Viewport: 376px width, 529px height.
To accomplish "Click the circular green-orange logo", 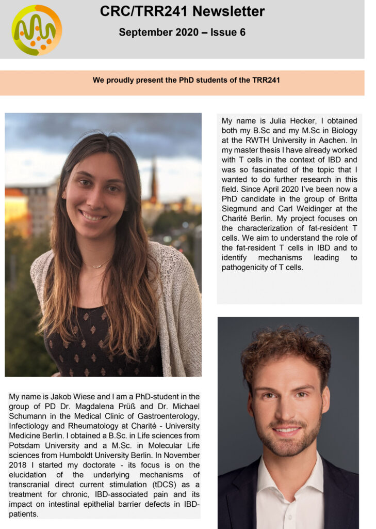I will tap(37, 30).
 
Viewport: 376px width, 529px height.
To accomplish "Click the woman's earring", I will tap(64, 196).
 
